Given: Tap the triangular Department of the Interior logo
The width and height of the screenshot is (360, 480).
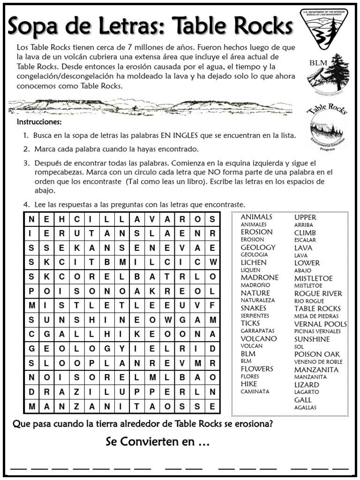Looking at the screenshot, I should (323, 29).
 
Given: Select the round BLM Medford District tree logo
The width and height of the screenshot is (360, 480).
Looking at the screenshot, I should (325, 72).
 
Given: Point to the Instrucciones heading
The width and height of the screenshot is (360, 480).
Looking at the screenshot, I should (39, 122).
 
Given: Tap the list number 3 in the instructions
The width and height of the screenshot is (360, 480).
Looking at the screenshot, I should (26, 164).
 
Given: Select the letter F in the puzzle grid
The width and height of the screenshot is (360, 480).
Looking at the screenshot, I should (212, 305).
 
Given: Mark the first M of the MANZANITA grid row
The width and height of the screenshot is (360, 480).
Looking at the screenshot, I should (31, 406).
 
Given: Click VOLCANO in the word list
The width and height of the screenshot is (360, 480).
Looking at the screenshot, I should (259, 338).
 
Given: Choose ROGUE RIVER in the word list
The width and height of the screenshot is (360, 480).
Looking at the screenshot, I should (318, 293).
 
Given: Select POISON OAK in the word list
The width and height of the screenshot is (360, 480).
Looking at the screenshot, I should (317, 354).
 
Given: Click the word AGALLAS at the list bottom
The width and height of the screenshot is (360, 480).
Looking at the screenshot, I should (305, 407).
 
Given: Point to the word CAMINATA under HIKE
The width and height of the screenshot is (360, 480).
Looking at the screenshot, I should (255, 391).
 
